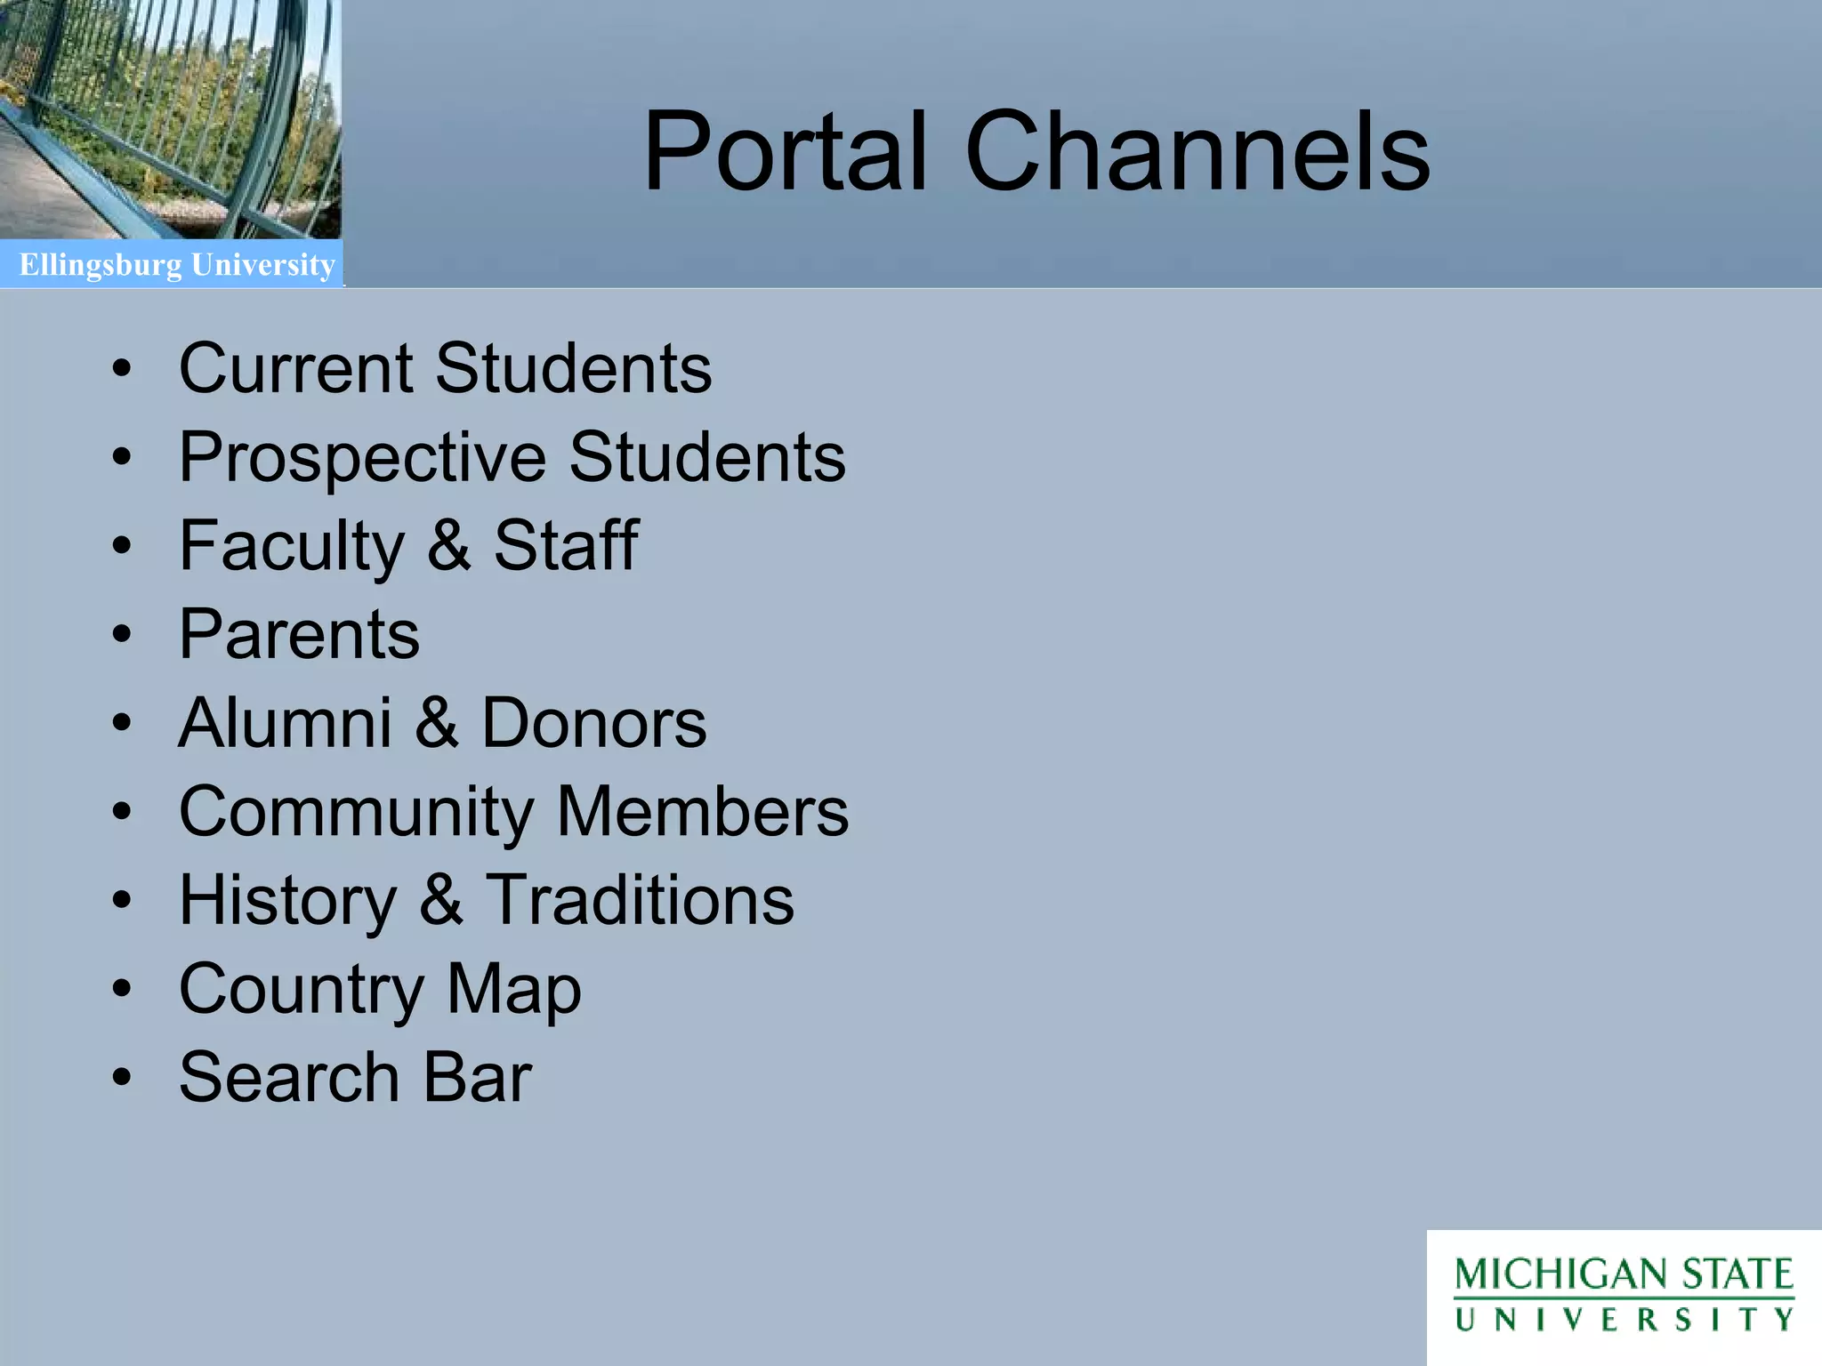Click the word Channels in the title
pyautogui.click(x=1197, y=151)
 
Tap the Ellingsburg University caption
pyautogui.click(x=177, y=265)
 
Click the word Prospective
pyautogui.click(x=363, y=457)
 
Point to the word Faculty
pyautogui.click(x=292, y=546)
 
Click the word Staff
pyautogui.click(x=566, y=545)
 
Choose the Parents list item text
pyautogui.click(x=299, y=634)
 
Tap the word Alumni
pyautogui.click(x=285, y=722)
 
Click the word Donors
pyautogui.click(x=593, y=722)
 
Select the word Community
pyautogui.click(x=356, y=812)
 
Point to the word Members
pyautogui.click(x=703, y=811)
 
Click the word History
pyautogui.click(x=287, y=900)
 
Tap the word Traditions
pyautogui.click(x=639, y=900)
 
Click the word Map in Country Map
pyautogui.click(x=513, y=989)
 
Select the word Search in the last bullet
pyautogui.click(x=289, y=1077)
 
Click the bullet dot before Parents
pyautogui.click(x=122, y=635)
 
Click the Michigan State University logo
pyautogui.click(x=1624, y=1296)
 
